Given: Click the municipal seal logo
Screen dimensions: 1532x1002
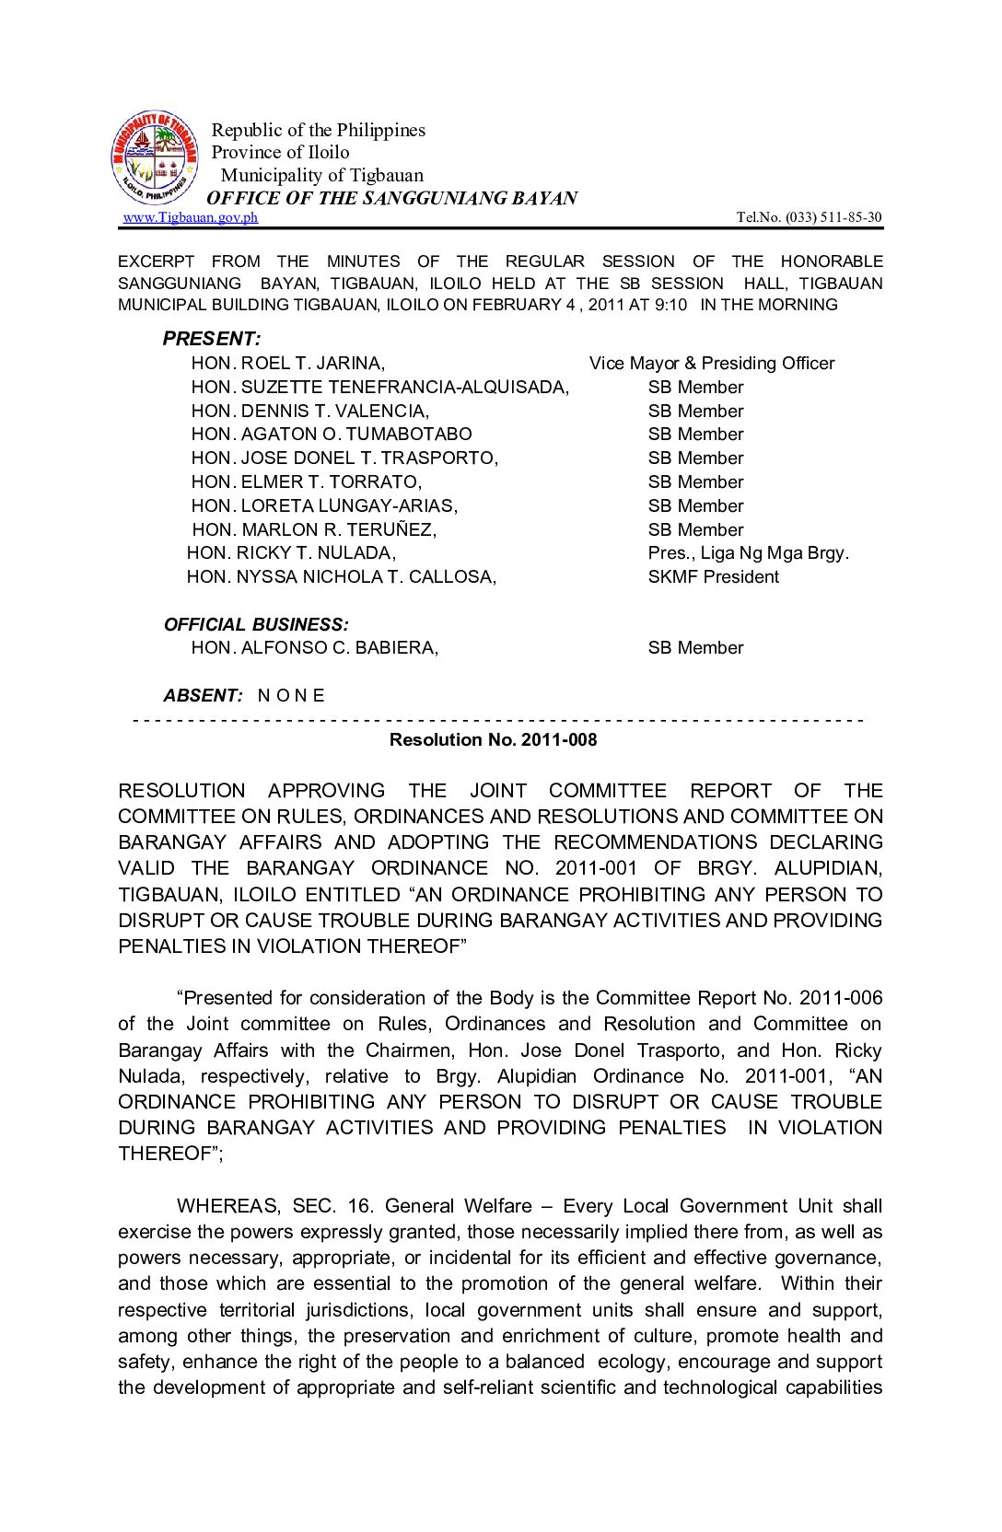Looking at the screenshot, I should coord(154,158).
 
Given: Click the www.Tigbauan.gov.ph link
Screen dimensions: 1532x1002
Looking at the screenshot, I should coord(190,217).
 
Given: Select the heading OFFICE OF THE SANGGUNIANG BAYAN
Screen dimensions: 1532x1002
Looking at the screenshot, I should coord(391,198).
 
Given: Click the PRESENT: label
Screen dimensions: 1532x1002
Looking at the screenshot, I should coord(212,339).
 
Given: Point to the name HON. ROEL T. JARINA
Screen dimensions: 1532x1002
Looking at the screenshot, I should coord(287,364).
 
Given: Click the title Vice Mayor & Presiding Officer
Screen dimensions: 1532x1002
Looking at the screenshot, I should coord(711,364).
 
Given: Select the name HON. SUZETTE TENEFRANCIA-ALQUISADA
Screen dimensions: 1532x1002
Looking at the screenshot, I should coord(379,388).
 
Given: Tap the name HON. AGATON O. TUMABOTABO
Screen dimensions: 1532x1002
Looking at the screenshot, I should coord(332,435).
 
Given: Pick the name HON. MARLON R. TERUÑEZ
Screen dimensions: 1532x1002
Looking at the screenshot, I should coord(314,530).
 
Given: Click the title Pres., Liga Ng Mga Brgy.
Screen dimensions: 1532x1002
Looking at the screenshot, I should coord(748,553).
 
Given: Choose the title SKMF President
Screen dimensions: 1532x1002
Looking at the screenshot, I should coord(713,577).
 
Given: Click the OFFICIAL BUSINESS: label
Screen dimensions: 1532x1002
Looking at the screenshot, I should coord(256,625).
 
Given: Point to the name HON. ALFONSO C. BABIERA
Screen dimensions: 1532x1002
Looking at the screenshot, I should coord(314,648).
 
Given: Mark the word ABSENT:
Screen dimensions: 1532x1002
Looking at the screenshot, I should coord(204,696).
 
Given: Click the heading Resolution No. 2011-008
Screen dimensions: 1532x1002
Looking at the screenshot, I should coord(493,740).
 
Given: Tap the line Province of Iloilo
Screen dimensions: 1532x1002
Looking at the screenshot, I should coord(280,153).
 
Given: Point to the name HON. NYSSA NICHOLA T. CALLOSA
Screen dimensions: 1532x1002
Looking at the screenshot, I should coord(341,577).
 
